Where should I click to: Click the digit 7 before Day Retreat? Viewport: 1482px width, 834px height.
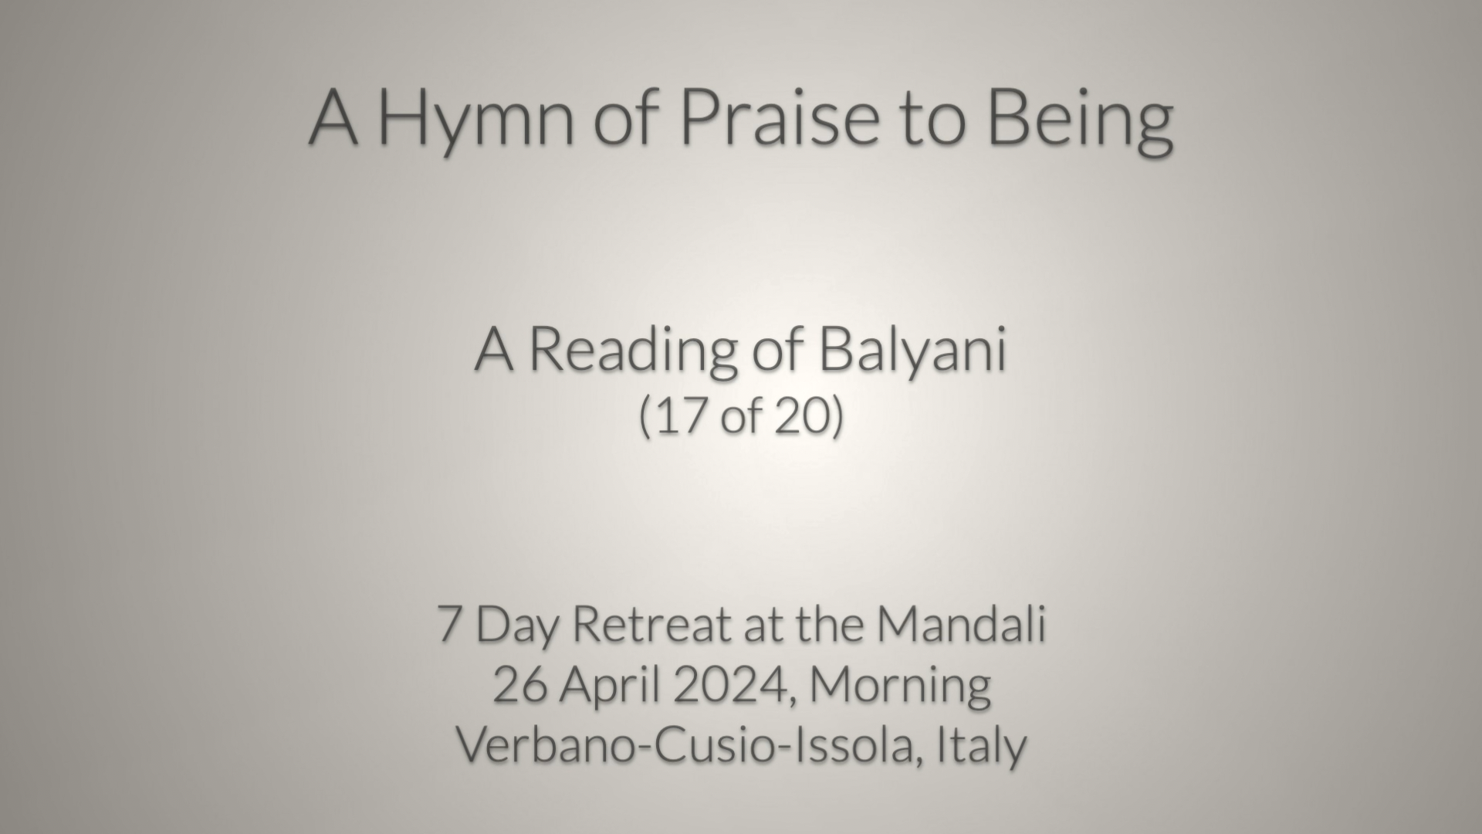450,623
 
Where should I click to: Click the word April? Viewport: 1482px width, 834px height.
610,687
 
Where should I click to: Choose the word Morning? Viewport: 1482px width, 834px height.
900,687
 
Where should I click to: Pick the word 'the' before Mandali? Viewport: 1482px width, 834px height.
830,623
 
